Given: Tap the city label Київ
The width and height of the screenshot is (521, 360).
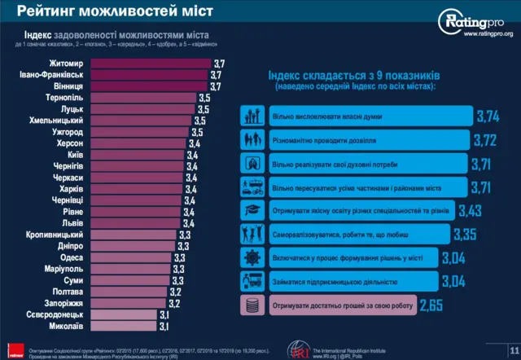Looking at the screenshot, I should pos(75,153).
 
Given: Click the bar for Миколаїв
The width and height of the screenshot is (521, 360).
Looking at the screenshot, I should pos(121,326).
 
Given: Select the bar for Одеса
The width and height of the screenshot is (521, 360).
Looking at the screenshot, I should pos(130,257).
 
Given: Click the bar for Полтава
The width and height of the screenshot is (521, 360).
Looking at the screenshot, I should pos(127,292).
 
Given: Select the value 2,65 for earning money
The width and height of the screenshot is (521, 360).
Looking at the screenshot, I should pos(431,305).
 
